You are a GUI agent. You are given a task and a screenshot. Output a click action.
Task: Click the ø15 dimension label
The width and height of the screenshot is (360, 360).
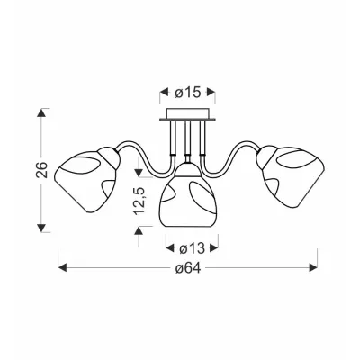point(187,93)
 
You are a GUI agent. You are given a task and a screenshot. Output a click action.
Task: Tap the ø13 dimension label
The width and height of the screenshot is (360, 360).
point(192,248)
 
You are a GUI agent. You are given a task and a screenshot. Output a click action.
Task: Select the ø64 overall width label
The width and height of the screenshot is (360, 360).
point(188,268)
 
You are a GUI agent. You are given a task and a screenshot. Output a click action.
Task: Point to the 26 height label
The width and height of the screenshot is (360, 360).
point(42,170)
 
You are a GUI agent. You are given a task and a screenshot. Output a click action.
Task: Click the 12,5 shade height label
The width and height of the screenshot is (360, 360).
point(139,201)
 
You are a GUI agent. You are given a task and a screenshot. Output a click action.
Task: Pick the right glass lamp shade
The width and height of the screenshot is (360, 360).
point(292,177)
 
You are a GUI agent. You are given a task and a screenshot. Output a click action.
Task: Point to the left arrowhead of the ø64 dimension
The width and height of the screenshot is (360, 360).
point(62,267)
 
